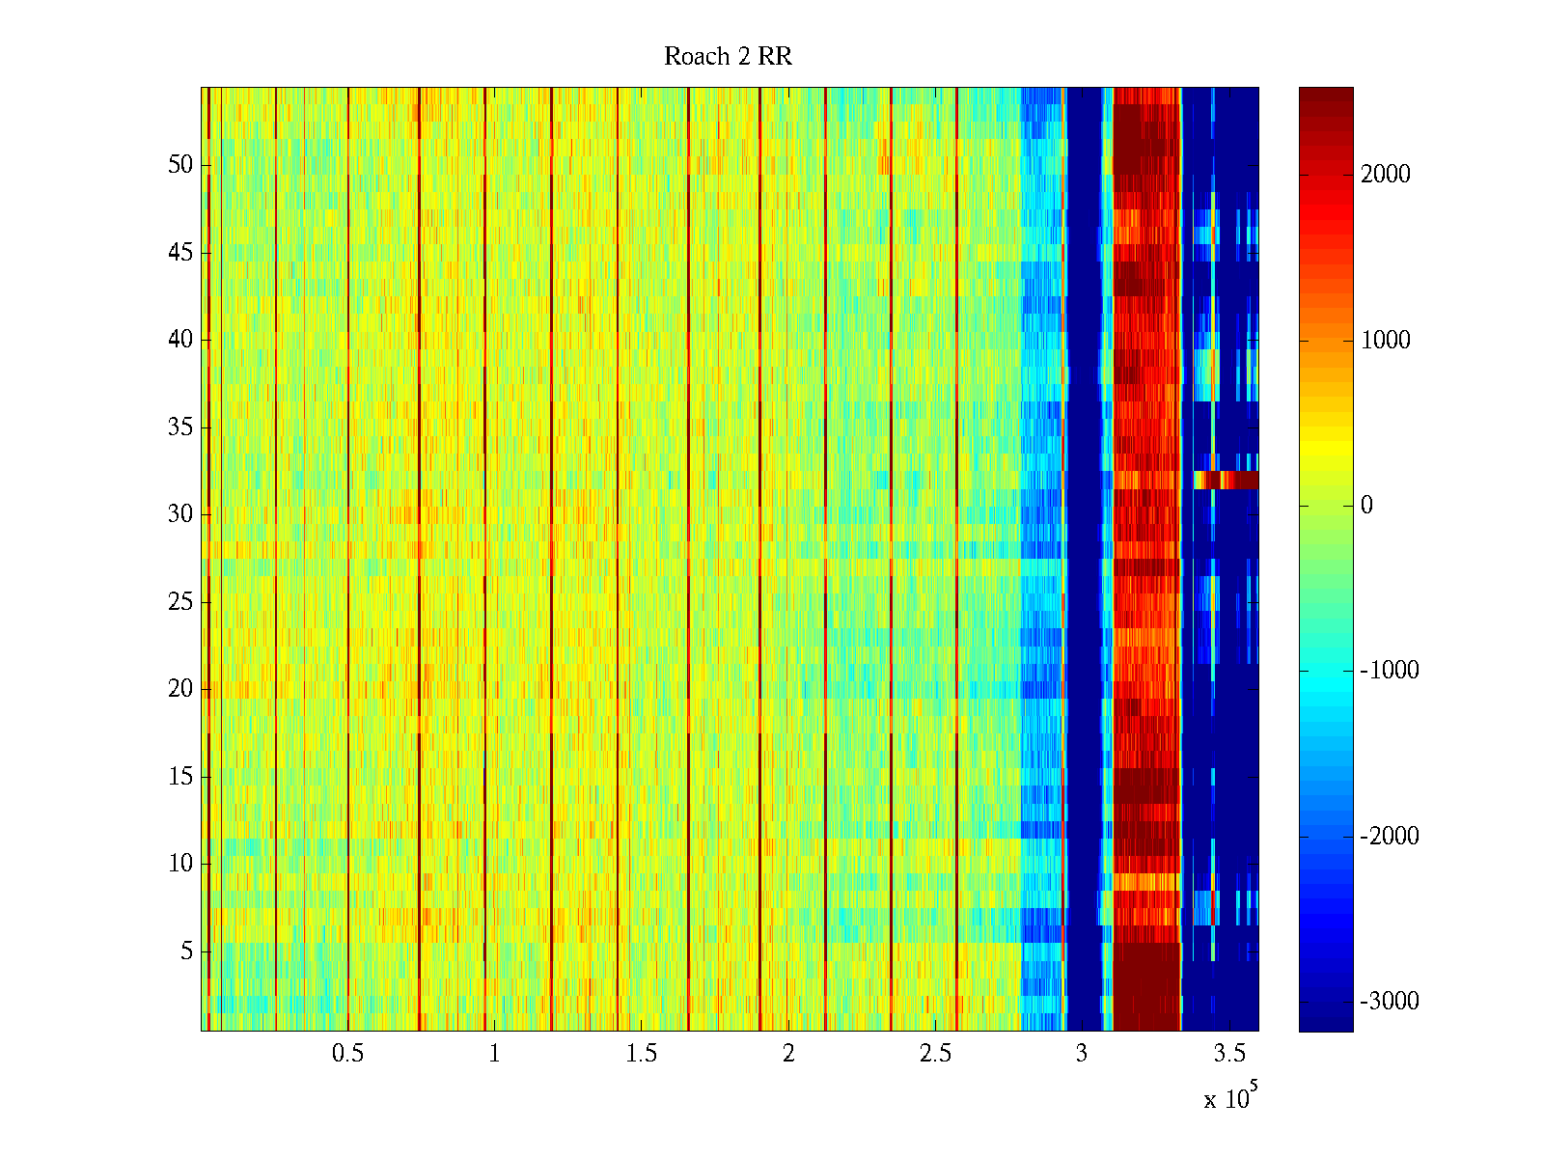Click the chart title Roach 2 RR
click(728, 57)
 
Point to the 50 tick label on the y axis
click(180, 165)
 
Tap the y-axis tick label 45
click(180, 253)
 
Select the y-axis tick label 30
click(180, 514)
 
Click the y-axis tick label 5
click(186, 951)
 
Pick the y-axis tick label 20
click(180, 689)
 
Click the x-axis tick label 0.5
click(347, 1054)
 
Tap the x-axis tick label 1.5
click(642, 1054)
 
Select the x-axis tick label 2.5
click(935, 1054)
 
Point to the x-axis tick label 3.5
click(1229, 1054)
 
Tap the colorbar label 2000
click(1385, 175)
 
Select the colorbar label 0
click(1366, 506)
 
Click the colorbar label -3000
click(1390, 1002)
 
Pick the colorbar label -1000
click(1390, 671)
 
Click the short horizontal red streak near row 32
click(1226, 480)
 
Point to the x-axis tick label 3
click(1082, 1054)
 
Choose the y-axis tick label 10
click(180, 864)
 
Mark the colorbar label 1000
click(1385, 340)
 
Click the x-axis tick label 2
click(788, 1054)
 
